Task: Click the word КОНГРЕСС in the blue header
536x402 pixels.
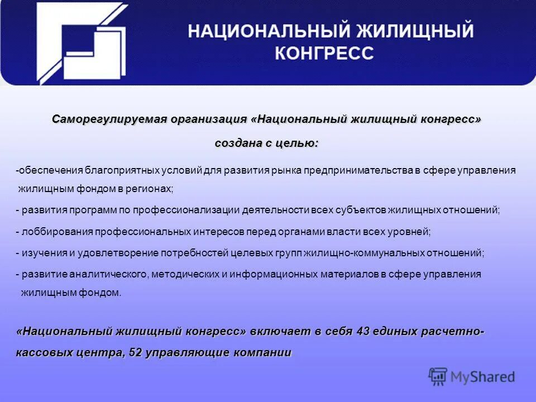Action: click(324, 53)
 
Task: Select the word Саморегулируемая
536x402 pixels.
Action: click(110, 119)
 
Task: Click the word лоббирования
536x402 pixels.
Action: click(58, 232)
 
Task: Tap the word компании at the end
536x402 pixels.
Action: click(264, 353)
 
